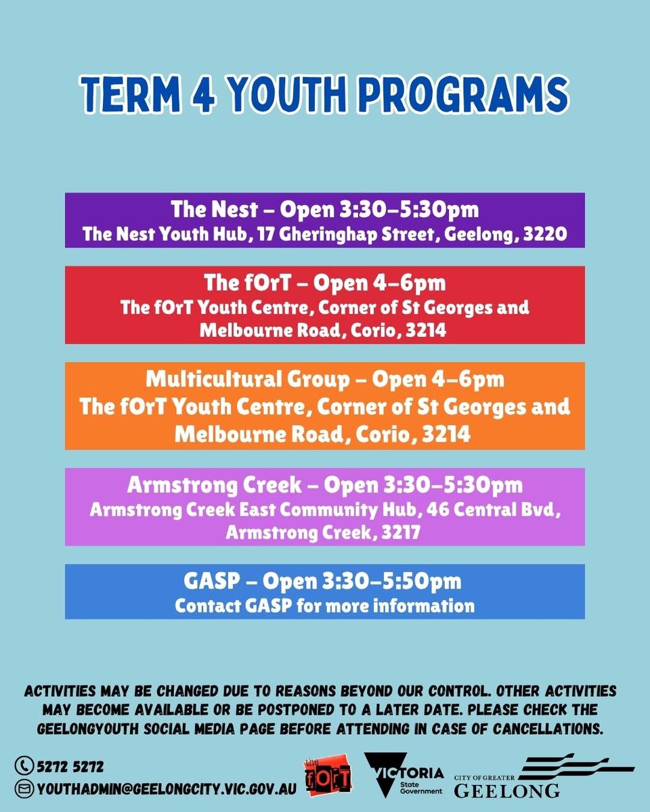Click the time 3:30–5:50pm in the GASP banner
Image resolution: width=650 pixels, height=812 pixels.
click(392, 581)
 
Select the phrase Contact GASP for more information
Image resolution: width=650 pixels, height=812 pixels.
click(325, 606)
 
